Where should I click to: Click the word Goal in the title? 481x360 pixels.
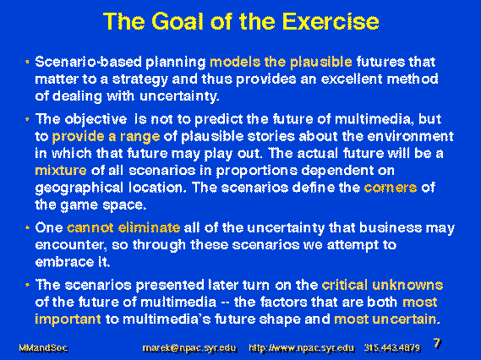click(x=178, y=21)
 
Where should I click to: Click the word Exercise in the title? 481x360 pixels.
click(x=331, y=21)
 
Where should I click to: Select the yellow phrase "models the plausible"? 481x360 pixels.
click(x=281, y=62)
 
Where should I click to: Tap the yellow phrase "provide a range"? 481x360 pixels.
click(x=106, y=137)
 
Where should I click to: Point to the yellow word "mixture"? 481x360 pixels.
click(x=61, y=170)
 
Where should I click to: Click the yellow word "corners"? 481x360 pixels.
click(x=391, y=188)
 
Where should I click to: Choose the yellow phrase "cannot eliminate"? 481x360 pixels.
click(x=123, y=228)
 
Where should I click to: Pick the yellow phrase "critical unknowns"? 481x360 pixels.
click(x=382, y=285)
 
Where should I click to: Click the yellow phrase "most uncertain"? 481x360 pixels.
click(x=385, y=319)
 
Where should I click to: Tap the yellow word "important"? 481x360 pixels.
click(x=68, y=319)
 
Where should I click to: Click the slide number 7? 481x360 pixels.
click(x=437, y=343)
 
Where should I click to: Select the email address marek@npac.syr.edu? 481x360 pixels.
click(x=189, y=348)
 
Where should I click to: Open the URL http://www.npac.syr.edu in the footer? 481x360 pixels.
click(x=301, y=348)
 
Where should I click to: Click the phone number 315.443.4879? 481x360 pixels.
click(x=392, y=348)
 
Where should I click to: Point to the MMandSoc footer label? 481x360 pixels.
click(x=43, y=348)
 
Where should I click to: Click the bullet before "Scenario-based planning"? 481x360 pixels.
click(x=27, y=62)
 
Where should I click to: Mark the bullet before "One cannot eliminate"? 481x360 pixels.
click(x=27, y=228)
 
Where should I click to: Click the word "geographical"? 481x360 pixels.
click(x=79, y=188)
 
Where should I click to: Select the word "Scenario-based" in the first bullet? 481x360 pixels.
click(x=89, y=62)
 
